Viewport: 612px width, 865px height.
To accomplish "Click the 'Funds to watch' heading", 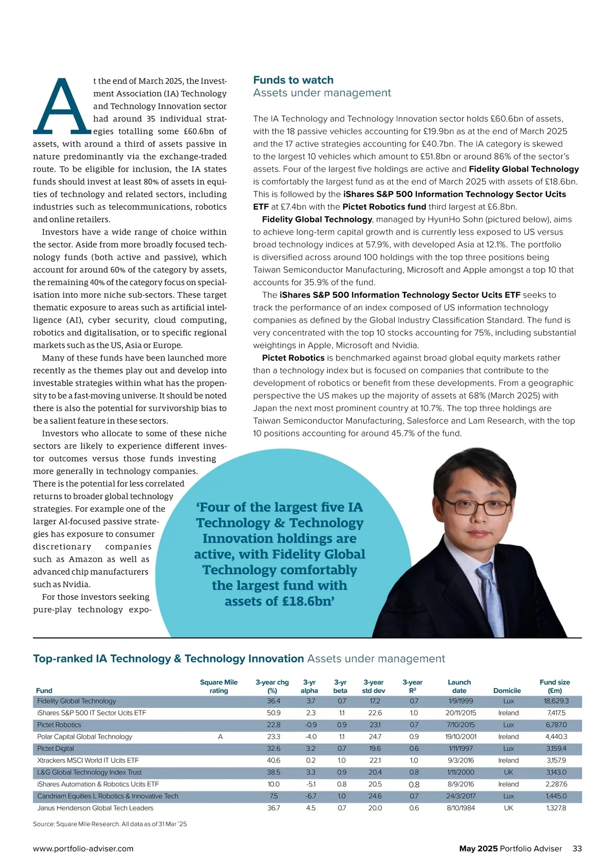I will [293, 80].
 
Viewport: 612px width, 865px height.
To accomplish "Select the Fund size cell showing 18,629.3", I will [556, 701].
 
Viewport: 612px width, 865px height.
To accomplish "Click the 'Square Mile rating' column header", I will [219, 686].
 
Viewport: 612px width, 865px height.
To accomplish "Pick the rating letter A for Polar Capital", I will [220, 737].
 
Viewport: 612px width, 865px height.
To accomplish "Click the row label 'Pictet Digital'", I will [56, 749].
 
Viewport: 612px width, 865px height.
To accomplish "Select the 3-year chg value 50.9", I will [273, 713].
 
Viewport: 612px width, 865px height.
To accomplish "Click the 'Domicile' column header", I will [507, 691].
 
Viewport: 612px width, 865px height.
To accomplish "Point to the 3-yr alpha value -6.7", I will [311, 796].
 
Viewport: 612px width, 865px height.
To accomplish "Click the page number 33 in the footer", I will [577, 849].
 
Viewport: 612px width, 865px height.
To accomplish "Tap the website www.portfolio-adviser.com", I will [83, 849].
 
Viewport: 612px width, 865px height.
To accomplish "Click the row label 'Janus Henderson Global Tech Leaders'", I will [95, 808].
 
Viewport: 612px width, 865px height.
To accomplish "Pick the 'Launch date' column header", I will [459, 686].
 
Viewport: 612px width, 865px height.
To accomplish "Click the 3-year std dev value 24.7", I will [375, 737].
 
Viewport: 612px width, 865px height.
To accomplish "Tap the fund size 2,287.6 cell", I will [556, 784].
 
